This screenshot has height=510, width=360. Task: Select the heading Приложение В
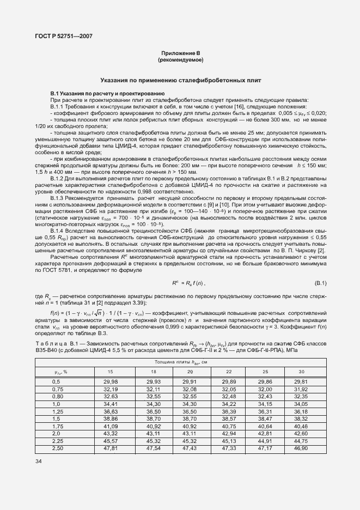180,52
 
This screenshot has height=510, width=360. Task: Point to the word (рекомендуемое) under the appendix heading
180,58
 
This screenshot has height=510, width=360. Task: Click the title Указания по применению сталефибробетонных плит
180,80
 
